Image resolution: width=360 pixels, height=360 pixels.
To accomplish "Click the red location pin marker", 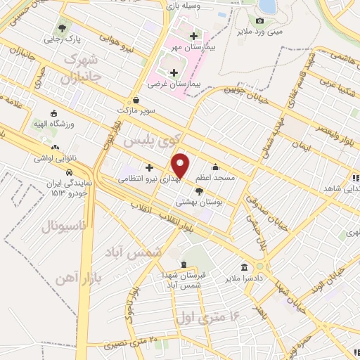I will pyautogui.click(x=181, y=165).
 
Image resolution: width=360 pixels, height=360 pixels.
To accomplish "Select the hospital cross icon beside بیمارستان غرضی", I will pyautogui.click(x=174, y=72).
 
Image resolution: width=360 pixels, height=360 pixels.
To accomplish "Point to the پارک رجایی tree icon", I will pyautogui.click(x=64, y=29).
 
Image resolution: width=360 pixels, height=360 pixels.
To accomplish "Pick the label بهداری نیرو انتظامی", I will pyautogui.click(x=149, y=180).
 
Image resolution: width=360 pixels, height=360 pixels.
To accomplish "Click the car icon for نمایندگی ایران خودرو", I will pyautogui.click(x=69, y=172).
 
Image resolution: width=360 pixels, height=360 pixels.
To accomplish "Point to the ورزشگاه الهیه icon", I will pyautogui.click(x=54, y=112).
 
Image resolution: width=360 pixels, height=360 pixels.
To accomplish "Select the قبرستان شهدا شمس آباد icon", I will pyautogui.click(x=184, y=266).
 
